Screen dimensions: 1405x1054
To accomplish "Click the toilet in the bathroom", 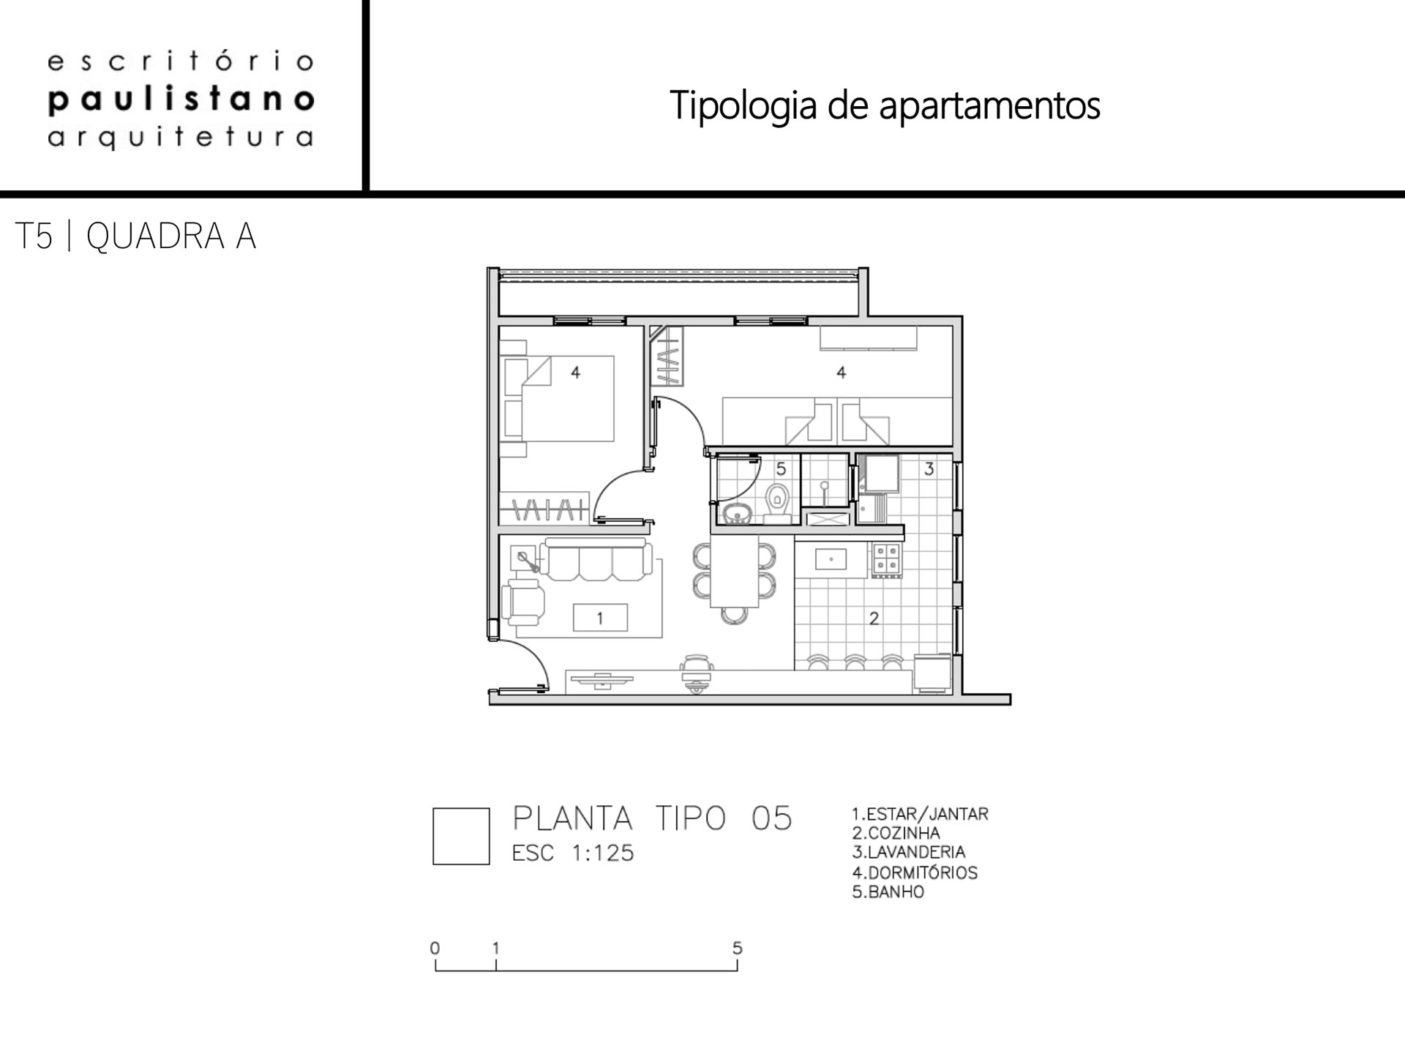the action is pos(777,502).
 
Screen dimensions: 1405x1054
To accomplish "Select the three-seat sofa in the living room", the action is pos(596,560).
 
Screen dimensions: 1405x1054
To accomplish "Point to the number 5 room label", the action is pos(781,468).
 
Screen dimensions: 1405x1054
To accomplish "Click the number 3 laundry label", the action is pos(929,468).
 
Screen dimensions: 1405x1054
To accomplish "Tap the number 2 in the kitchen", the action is pos(874,618).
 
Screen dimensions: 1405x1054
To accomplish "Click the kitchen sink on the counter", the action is pos(831,560).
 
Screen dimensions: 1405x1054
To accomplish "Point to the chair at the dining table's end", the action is pos(734,616).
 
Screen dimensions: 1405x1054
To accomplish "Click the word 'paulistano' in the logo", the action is pos(181,100).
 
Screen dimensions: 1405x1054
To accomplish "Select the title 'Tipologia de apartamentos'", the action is pos(885,105).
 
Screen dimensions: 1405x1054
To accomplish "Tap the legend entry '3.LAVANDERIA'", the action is pos(909,853).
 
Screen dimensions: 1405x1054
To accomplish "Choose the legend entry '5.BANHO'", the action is pos(888,892).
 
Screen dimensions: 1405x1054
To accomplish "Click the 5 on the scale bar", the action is pos(738,948).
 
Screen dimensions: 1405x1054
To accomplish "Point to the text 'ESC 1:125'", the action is pos(573,853).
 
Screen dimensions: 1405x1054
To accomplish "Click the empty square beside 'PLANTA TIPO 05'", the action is pos(461,837).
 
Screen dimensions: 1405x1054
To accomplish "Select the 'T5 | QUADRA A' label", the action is pos(135,236).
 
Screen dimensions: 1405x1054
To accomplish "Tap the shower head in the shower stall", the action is pos(825,485).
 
